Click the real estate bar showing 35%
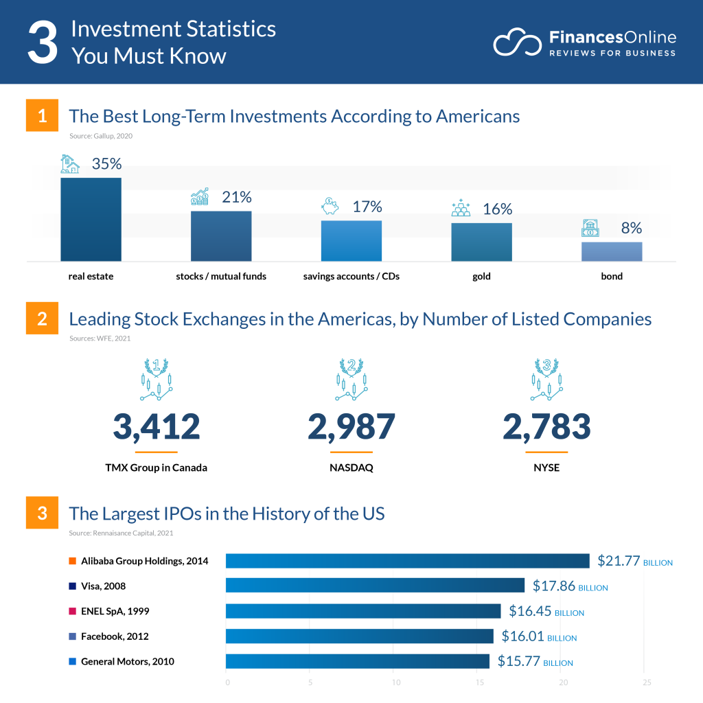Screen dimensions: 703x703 [91, 219]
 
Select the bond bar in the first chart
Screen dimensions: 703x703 [611, 251]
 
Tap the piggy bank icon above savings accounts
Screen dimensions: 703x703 [330, 206]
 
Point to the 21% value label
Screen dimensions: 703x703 [236, 197]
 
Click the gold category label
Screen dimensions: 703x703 [481, 277]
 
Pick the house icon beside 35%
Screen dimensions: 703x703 [70, 164]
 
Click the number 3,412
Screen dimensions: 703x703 [157, 426]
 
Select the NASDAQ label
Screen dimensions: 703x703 [351, 468]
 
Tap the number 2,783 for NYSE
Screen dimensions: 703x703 [546, 426]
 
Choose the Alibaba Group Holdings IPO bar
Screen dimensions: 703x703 [407, 561]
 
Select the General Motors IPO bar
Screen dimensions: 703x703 [357, 661]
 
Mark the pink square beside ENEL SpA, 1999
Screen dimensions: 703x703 [73, 612]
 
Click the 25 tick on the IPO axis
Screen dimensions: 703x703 [646, 682]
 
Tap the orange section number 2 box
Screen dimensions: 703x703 [43, 319]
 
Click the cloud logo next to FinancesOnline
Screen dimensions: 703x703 [518, 43]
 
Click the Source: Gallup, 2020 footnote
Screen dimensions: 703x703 [101, 136]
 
